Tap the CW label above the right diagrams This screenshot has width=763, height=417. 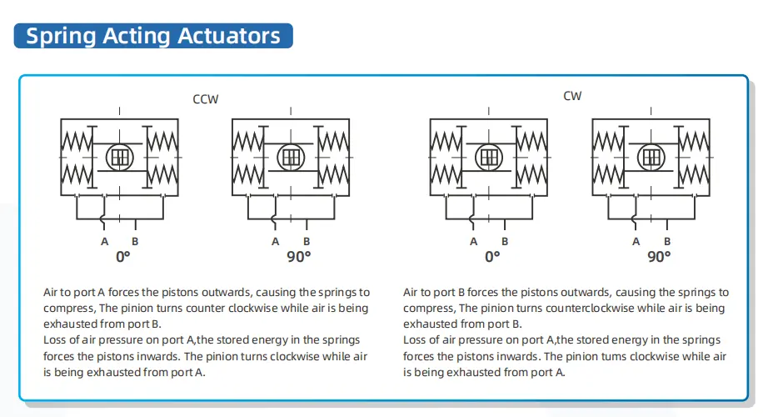pyautogui.click(x=572, y=96)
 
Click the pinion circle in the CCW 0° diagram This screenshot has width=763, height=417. pyautogui.click(x=121, y=156)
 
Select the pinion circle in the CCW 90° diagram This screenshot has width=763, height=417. pyautogui.click(x=291, y=156)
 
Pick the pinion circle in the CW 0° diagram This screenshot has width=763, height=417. pyautogui.click(x=489, y=156)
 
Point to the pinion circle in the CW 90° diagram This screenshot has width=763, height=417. pyautogui.click(x=651, y=156)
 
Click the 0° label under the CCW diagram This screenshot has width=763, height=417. pyautogui.click(x=123, y=257)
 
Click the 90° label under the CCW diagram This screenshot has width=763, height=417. pyautogui.click(x=298, y=257)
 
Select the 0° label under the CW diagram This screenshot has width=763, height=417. pyautogui.click(x=492, y=257)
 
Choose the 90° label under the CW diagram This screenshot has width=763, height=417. pyautogui.click(x=659, y=257)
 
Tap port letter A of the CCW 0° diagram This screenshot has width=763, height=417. pyautogui.click(x=105, y=241)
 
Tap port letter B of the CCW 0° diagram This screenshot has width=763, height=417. pyautogui.click(x=136, y=241)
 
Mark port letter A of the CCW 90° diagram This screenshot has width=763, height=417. pyautogui.click(x=276, y=241)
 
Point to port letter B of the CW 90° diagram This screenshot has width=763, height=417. pyautogui.click(x=667, y=241)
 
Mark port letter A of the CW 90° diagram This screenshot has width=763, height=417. pyautogui.click(x=636, y=241)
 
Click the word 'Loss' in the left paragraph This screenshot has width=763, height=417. pyautogui.click(x=56, y=340)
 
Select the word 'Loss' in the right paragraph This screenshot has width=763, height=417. pyautogui.click(x=416, y=340)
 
